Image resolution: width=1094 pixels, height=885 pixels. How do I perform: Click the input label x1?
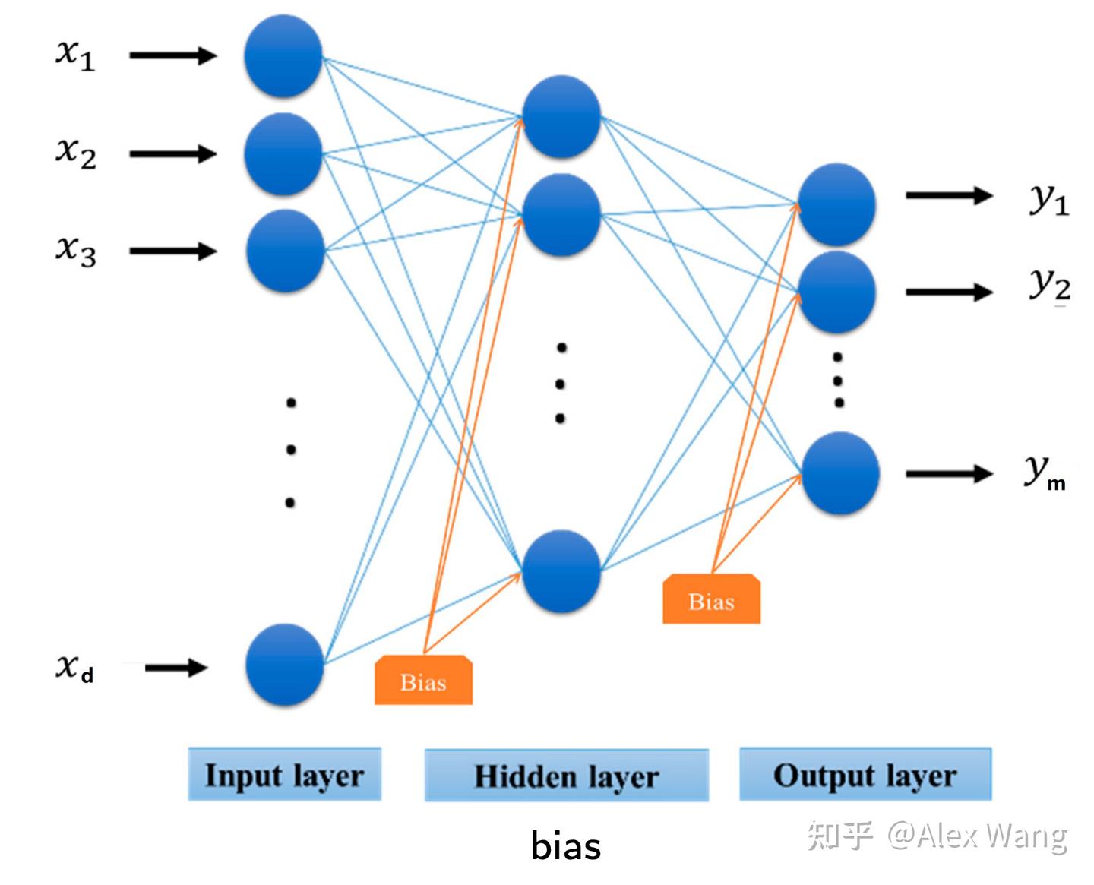(75, 55)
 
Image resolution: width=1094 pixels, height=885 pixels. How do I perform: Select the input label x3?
(75, 251)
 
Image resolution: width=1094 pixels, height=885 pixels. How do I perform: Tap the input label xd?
(74, 668)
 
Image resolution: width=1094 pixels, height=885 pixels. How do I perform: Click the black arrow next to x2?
(173, 154)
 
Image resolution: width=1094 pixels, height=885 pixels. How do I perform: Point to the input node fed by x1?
(283, 56)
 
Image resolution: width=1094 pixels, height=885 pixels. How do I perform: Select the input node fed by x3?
(285, 251)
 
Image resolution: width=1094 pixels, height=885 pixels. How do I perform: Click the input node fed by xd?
(285, 665)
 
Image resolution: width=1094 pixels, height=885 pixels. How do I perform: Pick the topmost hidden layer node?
(561, 117)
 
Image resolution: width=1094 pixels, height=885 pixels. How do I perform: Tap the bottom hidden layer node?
(561, 571)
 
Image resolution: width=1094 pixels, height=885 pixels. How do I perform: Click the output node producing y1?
(836, 204)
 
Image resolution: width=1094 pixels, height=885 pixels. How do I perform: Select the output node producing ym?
(839, 473)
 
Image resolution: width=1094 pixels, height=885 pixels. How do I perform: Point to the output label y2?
(1050, 286)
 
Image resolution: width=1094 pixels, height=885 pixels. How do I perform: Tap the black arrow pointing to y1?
(949, 196)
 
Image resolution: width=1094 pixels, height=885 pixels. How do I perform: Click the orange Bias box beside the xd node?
(423, 681)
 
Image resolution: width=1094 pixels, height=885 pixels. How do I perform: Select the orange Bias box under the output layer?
(711, 600)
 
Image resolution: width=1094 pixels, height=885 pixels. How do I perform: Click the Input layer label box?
(284, 775)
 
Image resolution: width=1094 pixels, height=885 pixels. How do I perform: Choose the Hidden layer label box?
(566, 776)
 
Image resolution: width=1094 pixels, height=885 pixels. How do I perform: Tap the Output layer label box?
(865, 775)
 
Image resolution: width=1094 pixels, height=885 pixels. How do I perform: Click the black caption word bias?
(566, 846)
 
